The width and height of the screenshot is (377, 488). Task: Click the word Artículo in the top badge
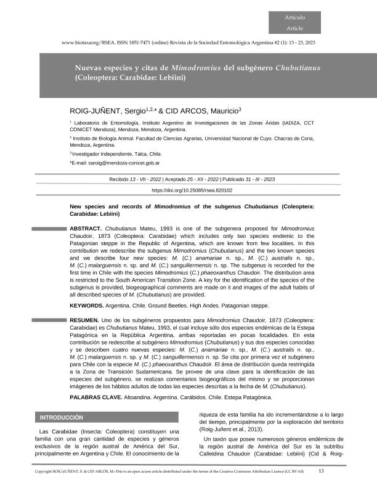click(294, 17)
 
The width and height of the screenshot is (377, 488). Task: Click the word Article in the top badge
click(294, 28)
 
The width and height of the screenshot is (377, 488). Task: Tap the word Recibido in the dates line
click(120, 179)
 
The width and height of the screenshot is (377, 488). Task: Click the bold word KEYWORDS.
click(86, 306)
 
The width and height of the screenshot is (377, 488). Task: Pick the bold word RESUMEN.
click(84, 322)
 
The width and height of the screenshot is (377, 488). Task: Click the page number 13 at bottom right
click(321, 471)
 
